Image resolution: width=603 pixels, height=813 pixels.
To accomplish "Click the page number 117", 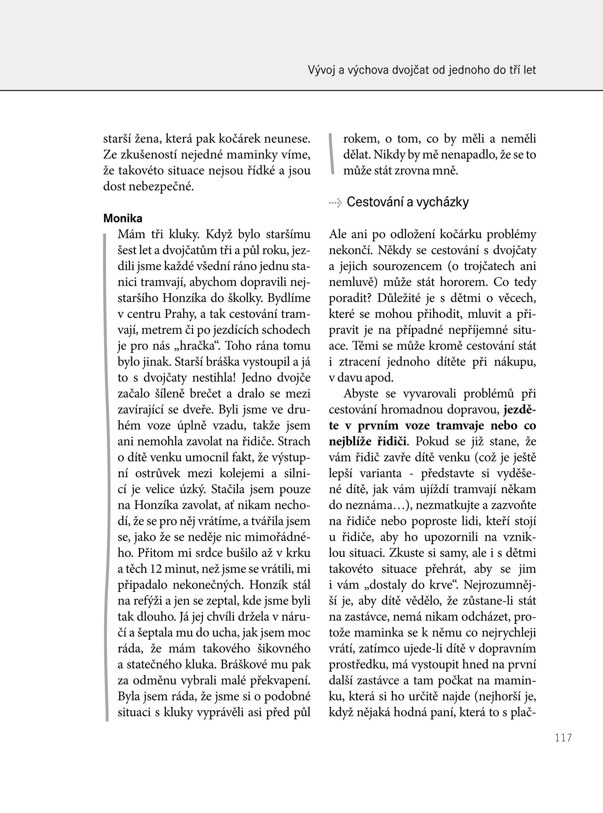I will (x=563, y=737).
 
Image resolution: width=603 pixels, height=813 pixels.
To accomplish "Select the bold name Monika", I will (x=123, y=218).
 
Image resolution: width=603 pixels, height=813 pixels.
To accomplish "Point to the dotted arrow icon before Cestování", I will (x=336, y=202).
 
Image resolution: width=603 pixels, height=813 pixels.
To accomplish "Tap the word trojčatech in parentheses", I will (x=483, y=266).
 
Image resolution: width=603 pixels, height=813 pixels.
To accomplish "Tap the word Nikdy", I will (x=386, y=155).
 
